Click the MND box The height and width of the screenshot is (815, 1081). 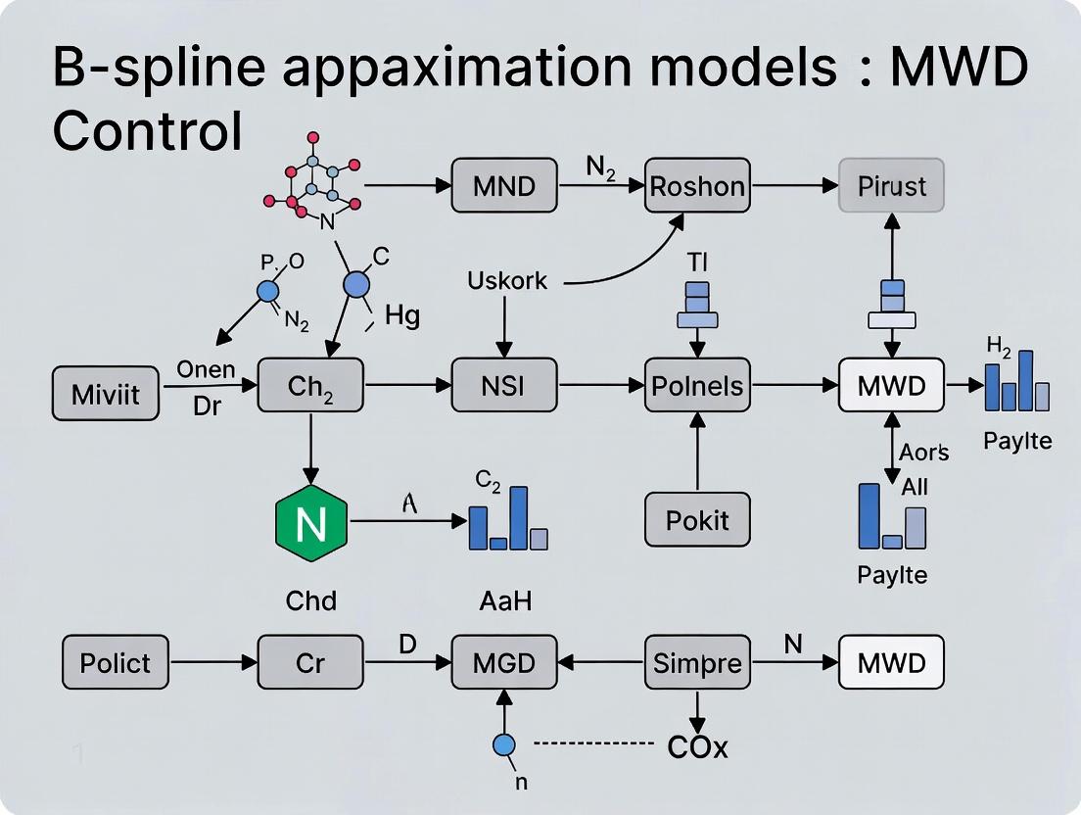(503, 184)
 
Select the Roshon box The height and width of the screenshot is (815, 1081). (697, 184)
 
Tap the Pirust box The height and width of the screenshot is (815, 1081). (892, 184)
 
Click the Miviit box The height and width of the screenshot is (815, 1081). (105, 394)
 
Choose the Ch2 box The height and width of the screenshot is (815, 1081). (310, 385)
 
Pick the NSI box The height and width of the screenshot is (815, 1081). (503, 385)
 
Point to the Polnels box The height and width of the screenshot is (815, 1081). (697, 385)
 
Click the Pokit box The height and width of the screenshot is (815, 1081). (697, 518)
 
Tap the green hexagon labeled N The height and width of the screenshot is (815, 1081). (310, 522)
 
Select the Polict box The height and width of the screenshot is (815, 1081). (115, 662)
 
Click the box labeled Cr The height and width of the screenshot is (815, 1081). (310, 662)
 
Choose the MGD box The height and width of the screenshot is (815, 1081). (503, 662)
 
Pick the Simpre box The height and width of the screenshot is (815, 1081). (697, 662)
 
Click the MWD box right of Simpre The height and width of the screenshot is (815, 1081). (891, 662)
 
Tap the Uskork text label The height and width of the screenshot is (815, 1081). (507, 281)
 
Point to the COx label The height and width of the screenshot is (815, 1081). (697, 747)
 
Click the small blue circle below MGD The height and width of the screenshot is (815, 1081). (503, 745)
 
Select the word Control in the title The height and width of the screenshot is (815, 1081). (147, 131)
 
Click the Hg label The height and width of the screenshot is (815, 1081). (402, 316)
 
